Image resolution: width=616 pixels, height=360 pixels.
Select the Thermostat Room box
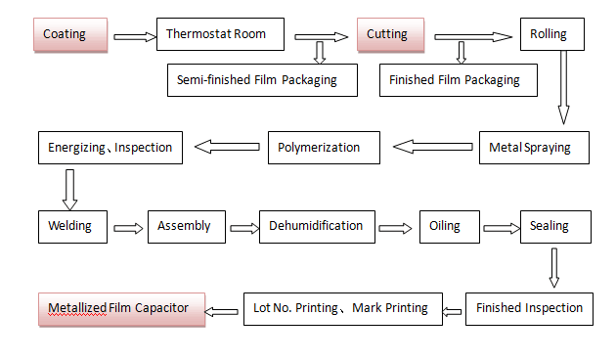[222, 35]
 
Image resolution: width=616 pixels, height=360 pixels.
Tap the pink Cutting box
[392, 35]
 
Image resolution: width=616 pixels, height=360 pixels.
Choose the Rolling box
[555, 35]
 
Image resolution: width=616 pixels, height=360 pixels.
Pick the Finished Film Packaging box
[458, 79]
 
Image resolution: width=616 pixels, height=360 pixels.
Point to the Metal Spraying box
[535, 148]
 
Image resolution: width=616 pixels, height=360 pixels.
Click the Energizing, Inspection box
[110, 148]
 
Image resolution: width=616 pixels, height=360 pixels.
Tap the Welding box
[71, 226]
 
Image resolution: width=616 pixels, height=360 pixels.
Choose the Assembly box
[186, 226]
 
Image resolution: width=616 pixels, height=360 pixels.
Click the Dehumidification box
[317, 226]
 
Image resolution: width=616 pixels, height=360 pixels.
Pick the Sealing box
[555, 226]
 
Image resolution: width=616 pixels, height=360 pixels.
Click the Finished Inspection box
[529, 308]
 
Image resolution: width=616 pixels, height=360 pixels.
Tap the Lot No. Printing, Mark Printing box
[341, 308]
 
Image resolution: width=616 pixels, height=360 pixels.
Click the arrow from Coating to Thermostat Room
[135, 37]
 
